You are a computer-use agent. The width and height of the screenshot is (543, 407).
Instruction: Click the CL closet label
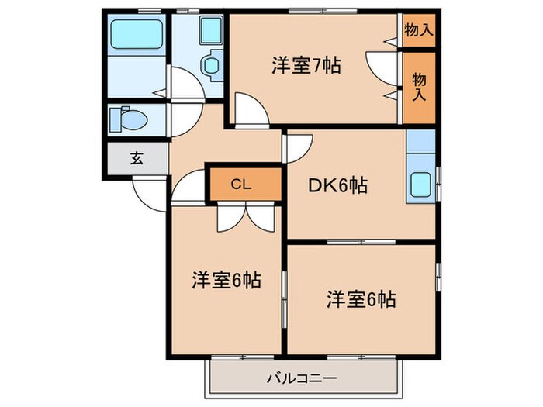(x=241, y=185)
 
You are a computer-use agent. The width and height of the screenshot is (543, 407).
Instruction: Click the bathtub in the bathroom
(x=136, y=33)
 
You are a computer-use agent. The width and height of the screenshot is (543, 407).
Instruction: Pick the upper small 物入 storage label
(x=418, y=30)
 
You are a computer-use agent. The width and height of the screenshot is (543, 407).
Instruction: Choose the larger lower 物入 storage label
(x=418, y=85)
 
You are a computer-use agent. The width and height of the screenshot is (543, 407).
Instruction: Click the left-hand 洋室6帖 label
(x=226, y=280)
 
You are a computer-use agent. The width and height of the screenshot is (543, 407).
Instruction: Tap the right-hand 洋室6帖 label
(x=360, y=298)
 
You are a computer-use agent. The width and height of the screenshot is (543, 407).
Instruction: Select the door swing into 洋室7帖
(x=248, y=109)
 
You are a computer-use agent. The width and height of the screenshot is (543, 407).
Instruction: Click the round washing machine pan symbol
(x=210, y=65)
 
